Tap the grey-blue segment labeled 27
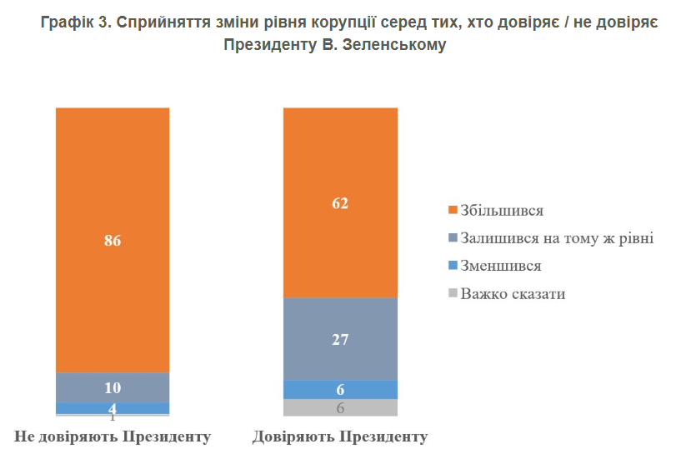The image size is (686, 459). point(340,339)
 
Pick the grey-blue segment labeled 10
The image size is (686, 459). point(113,387)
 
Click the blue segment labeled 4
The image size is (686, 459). point(113,407)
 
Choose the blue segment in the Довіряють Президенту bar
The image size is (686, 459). point(340,389)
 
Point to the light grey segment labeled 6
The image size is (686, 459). point(340,407)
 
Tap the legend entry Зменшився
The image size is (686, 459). point(500,266)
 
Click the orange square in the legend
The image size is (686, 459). point(453,210)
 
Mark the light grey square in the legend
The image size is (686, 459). point(453,293)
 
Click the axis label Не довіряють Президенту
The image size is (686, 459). point(113,437)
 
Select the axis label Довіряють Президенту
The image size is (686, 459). point(340,437)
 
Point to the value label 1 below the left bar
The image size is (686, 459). point(113,416)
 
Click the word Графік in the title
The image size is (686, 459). point(66,22)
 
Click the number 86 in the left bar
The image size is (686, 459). point(113,242)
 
